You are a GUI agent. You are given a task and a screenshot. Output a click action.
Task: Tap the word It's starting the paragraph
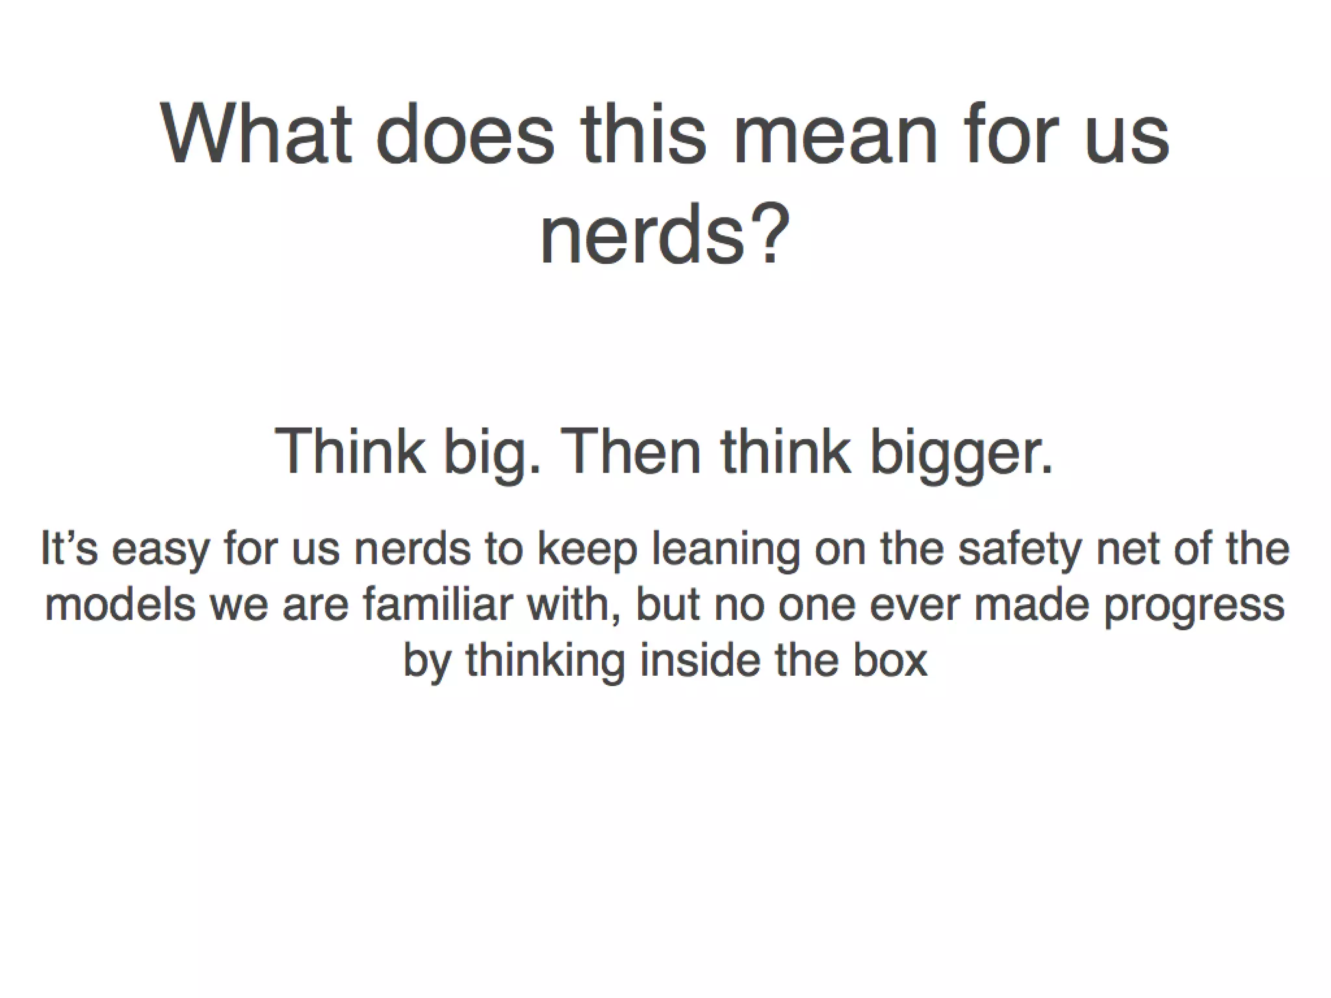pos(70,548)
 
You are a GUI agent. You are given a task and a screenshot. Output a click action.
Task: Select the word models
pos(120,604)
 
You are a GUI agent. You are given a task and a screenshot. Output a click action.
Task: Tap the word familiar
pos(439,604)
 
